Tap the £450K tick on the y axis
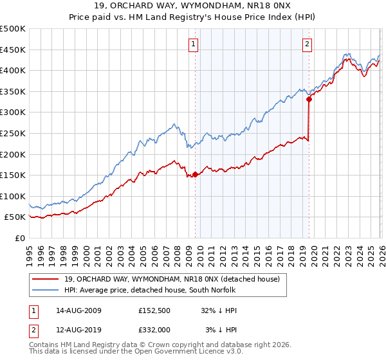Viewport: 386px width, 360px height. (x=13, y=50)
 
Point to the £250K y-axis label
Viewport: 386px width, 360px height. (x=13, y=133)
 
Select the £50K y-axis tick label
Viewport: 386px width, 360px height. (x=15, y=217)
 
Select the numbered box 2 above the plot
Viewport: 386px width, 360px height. (x=308, y=44)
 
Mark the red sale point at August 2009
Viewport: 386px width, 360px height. (x=195, y=174)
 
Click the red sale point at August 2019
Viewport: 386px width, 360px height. (x=309, y=99)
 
